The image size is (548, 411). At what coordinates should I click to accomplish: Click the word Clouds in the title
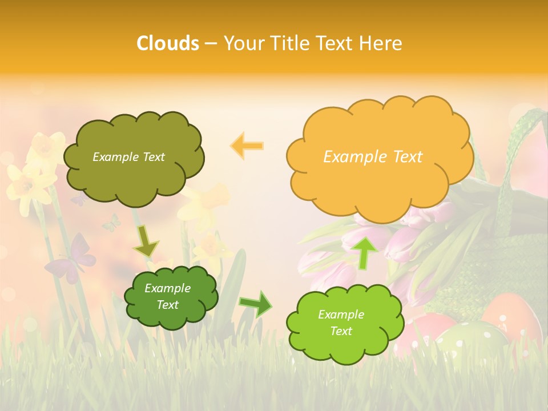pyautogui.click(x=167, y=43)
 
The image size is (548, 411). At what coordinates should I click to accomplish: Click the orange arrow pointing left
pyautogui.click(x=247, y=146)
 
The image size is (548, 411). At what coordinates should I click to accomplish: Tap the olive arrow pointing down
pyautogui.click(x=146, y=241)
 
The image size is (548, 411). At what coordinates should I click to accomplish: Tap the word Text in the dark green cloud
pyautogui.click(x=168, y=305)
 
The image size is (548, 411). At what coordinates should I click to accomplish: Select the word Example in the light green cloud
pyautogui.click(x=341, y=315)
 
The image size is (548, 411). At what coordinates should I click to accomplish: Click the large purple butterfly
pyautogui.click(x=71, y=260)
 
